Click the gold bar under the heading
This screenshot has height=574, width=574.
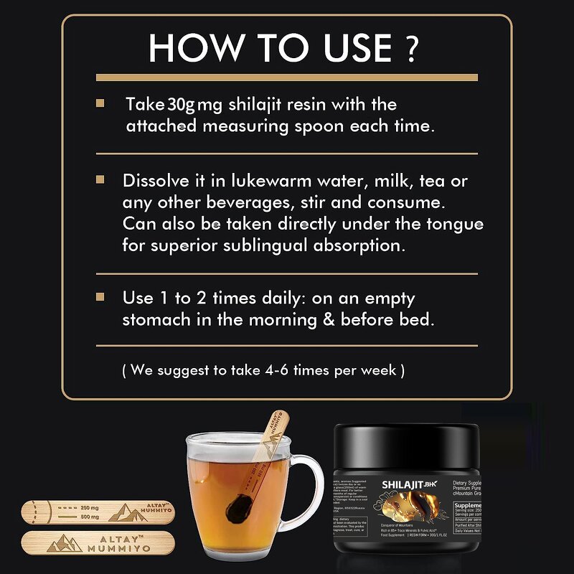(x=287, y=76)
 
